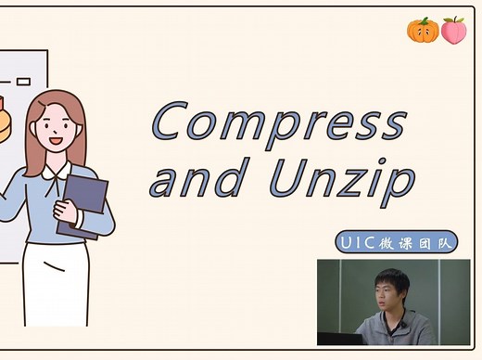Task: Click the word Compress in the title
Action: coord(278,123)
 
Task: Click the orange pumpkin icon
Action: coord(422,30)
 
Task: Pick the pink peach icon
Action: coord(452,30)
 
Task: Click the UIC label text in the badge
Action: coord(356,243)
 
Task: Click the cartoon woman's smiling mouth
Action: coord(55,141)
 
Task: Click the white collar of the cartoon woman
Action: coord(56,172)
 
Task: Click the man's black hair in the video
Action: coord(392,277)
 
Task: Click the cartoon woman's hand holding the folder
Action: coord(70,209)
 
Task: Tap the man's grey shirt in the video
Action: coord(399,329)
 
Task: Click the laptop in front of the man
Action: coord(339,339)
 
